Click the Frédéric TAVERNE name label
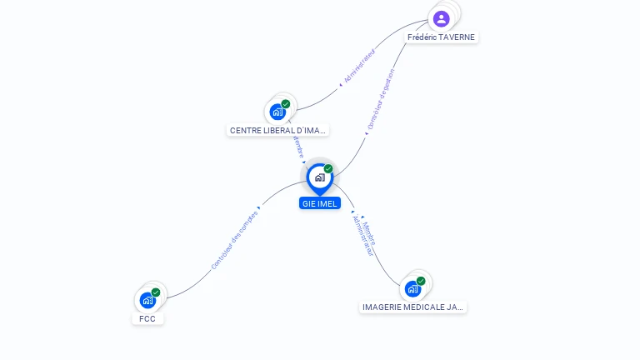[x=442, y=37]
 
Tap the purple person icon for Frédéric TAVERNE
[x=442, y=18]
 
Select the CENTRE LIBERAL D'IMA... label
[x=277, y=131]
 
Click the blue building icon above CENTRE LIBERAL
[x=277, y=112]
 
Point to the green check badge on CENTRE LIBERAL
[x=286, y=104]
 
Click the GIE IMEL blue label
[x=320, y=203]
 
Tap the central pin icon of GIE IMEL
[x=319, y=177]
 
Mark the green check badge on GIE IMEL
[x=328, y=169]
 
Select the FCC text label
[x=147, y=319]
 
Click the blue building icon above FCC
[x=147, y=300]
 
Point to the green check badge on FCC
[x=156, y=292]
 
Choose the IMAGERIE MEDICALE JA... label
[x=412, y=307]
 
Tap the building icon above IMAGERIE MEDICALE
[x=412, y=288]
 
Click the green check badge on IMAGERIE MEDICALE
[x=421, y=281]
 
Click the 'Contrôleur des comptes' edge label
[x=234, y=240]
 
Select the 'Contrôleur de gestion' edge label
[x=381, y=101]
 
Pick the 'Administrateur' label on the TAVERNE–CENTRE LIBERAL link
[x=360, y=67]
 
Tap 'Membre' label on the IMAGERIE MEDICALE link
[x=370, y=232]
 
